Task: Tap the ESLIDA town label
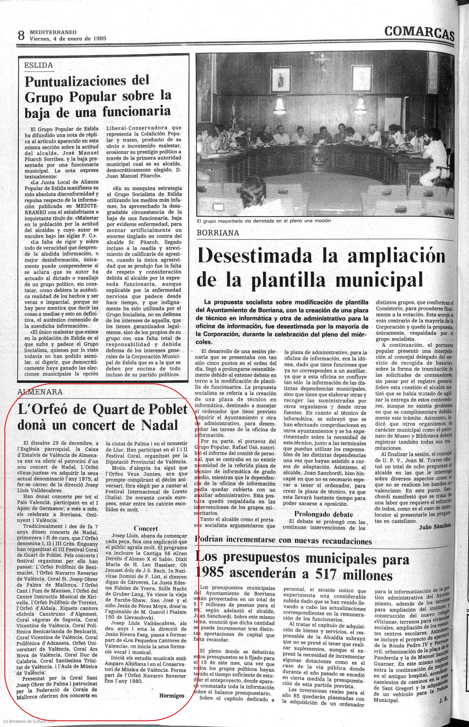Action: coord(38,65)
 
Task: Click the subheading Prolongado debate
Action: coord(324,515)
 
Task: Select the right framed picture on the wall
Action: coord(362,77)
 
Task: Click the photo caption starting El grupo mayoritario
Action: coord(263,221)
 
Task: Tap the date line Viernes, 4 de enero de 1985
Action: coord(68,38)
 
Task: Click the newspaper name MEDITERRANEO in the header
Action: coord(53,32)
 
